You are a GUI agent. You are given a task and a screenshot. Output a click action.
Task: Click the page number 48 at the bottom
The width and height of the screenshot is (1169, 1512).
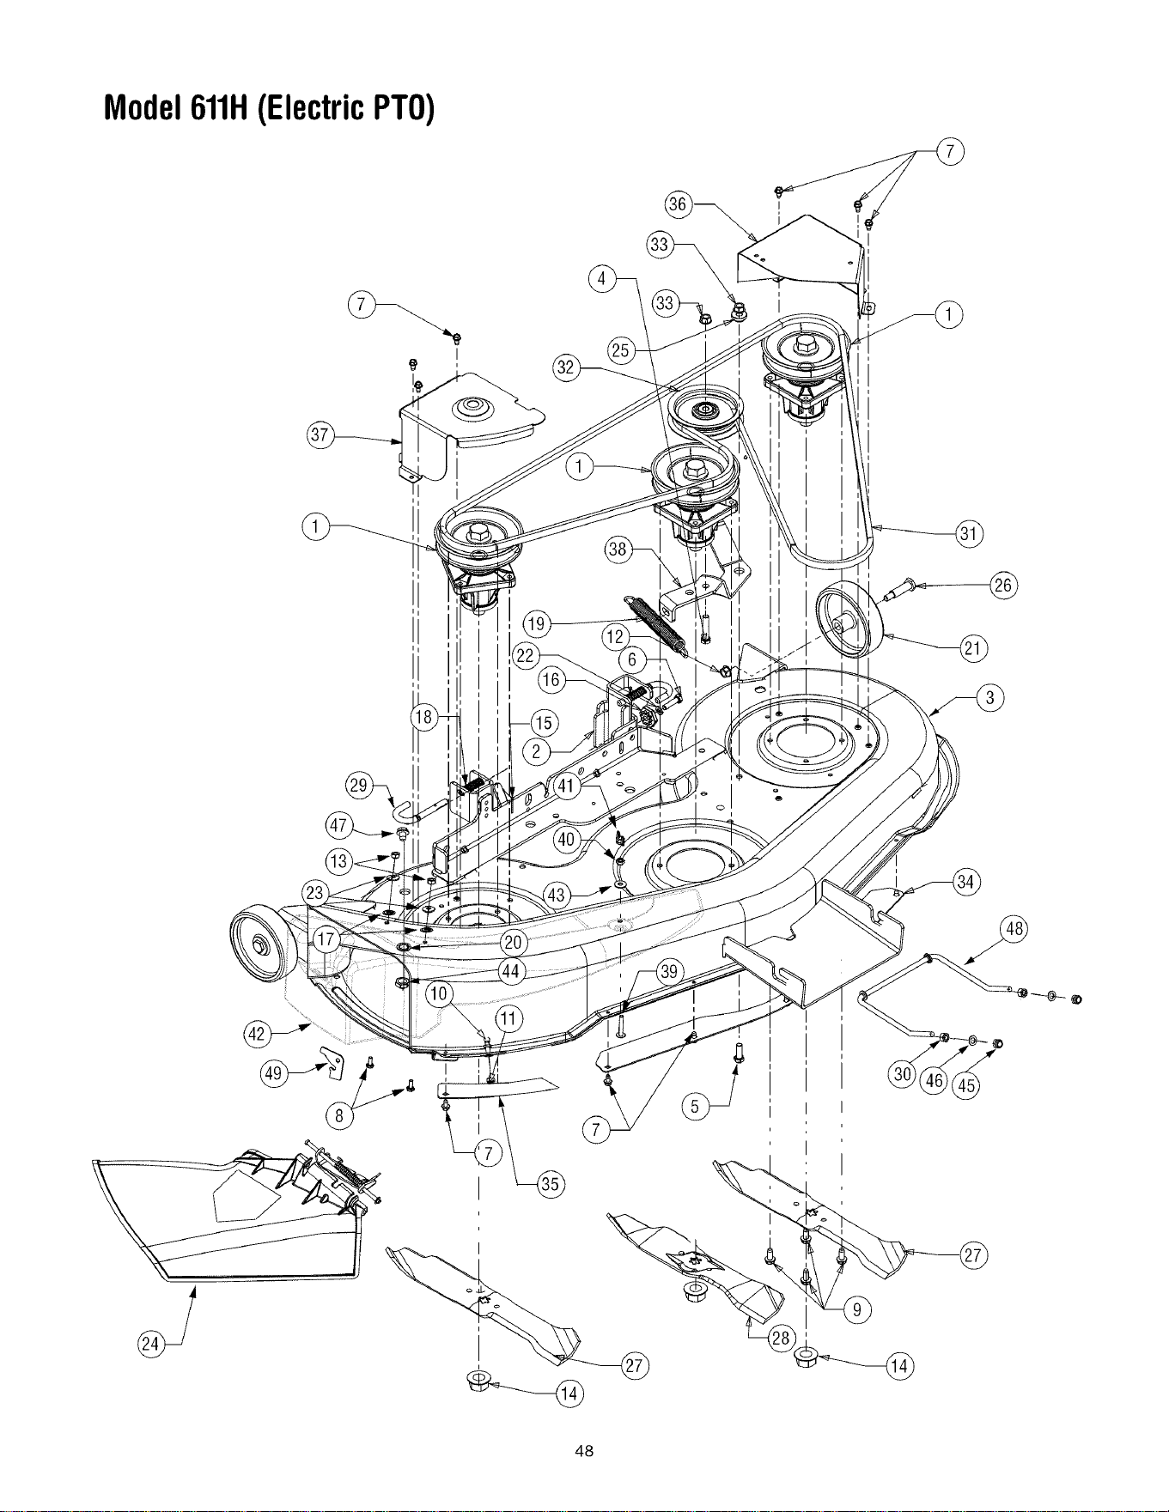(x=584, y=1451)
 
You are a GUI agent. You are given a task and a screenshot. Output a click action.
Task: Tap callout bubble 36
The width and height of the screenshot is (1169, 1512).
(x=679, y=203)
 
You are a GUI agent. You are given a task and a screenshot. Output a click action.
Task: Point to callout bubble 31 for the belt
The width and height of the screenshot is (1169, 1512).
(x=970, y=533)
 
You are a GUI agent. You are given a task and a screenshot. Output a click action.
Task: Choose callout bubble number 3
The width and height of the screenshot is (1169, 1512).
(x=990, y=698)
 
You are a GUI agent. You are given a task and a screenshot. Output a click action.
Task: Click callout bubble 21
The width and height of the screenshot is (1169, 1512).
(x=973, y=648)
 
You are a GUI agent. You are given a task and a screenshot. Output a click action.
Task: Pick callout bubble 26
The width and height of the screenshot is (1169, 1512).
(x=1003, y=586)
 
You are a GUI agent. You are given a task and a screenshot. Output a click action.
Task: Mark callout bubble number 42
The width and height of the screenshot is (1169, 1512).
(x=258, y=1034)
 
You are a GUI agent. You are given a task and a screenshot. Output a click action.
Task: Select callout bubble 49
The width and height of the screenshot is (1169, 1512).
(x=274, y=1074)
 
